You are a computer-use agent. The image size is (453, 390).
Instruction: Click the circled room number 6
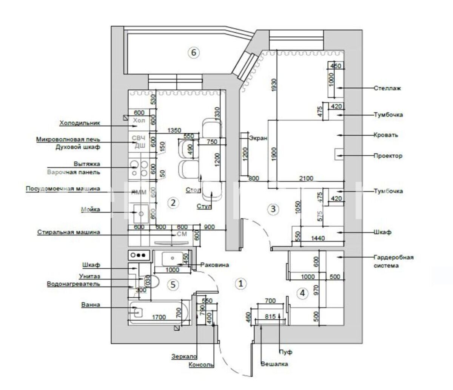coord(193,53)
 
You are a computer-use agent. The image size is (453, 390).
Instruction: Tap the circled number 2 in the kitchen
coord(173,203)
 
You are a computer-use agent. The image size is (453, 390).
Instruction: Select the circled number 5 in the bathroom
coord(173,285)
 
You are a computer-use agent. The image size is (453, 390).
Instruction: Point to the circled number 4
coord(302,293)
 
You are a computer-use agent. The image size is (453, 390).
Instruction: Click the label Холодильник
coord(79,123)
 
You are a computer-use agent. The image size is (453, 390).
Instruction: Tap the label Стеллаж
coord(387,88)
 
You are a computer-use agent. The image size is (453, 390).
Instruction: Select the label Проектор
coord(388,155)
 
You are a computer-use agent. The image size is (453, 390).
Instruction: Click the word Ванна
coord(91,305)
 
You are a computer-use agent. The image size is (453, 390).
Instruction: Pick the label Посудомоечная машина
coord(63,189)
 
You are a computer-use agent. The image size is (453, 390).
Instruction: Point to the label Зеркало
coord(185,356)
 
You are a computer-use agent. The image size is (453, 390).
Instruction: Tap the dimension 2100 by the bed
coord(306,178)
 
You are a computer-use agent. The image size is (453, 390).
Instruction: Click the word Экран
coord(258,138)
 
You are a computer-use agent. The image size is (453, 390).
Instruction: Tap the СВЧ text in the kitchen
coord(138,138)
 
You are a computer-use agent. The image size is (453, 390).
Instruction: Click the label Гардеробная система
coord(393,261)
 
